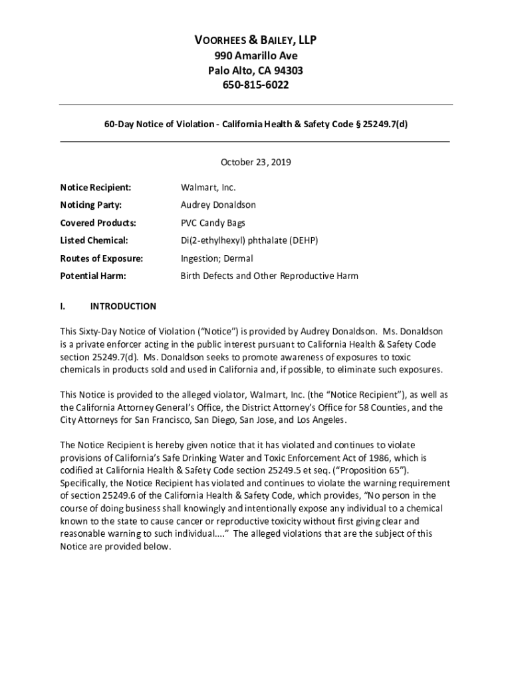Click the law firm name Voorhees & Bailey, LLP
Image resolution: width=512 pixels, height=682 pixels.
pyautogui.click(x=255, y=41)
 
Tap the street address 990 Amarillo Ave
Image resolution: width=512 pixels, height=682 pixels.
pyautogui.click(x=255, y=56)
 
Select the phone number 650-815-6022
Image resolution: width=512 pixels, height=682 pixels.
pyautogui.click(x=255, y=85)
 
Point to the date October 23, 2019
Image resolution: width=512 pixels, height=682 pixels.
pyautogui.click(x=255, y=162)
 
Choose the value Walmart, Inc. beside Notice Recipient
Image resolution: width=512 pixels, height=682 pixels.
pyautogui.click(x=208, y=187)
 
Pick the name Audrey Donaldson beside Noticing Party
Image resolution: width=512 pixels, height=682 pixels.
pyautogui.click(x=218, y=205)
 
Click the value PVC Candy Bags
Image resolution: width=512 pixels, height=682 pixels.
pyautogui.click(x=213, y=222)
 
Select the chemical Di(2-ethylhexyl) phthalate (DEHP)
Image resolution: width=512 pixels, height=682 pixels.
pyautogui.click(x=249, y=240)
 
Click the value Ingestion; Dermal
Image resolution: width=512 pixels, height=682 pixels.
pyautogui.click(x=217, y=258)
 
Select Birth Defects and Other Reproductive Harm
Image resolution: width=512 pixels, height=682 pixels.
pyautogui.click(x=269, y=276)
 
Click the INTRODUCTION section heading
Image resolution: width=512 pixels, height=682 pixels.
pyautogui.click(x=123, y=306)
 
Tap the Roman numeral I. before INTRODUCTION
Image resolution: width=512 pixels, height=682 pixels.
pyautogui.click(x=62, y=306)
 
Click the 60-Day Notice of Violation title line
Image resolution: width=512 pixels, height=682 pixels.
pyautogui.click(x=255, y=125)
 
